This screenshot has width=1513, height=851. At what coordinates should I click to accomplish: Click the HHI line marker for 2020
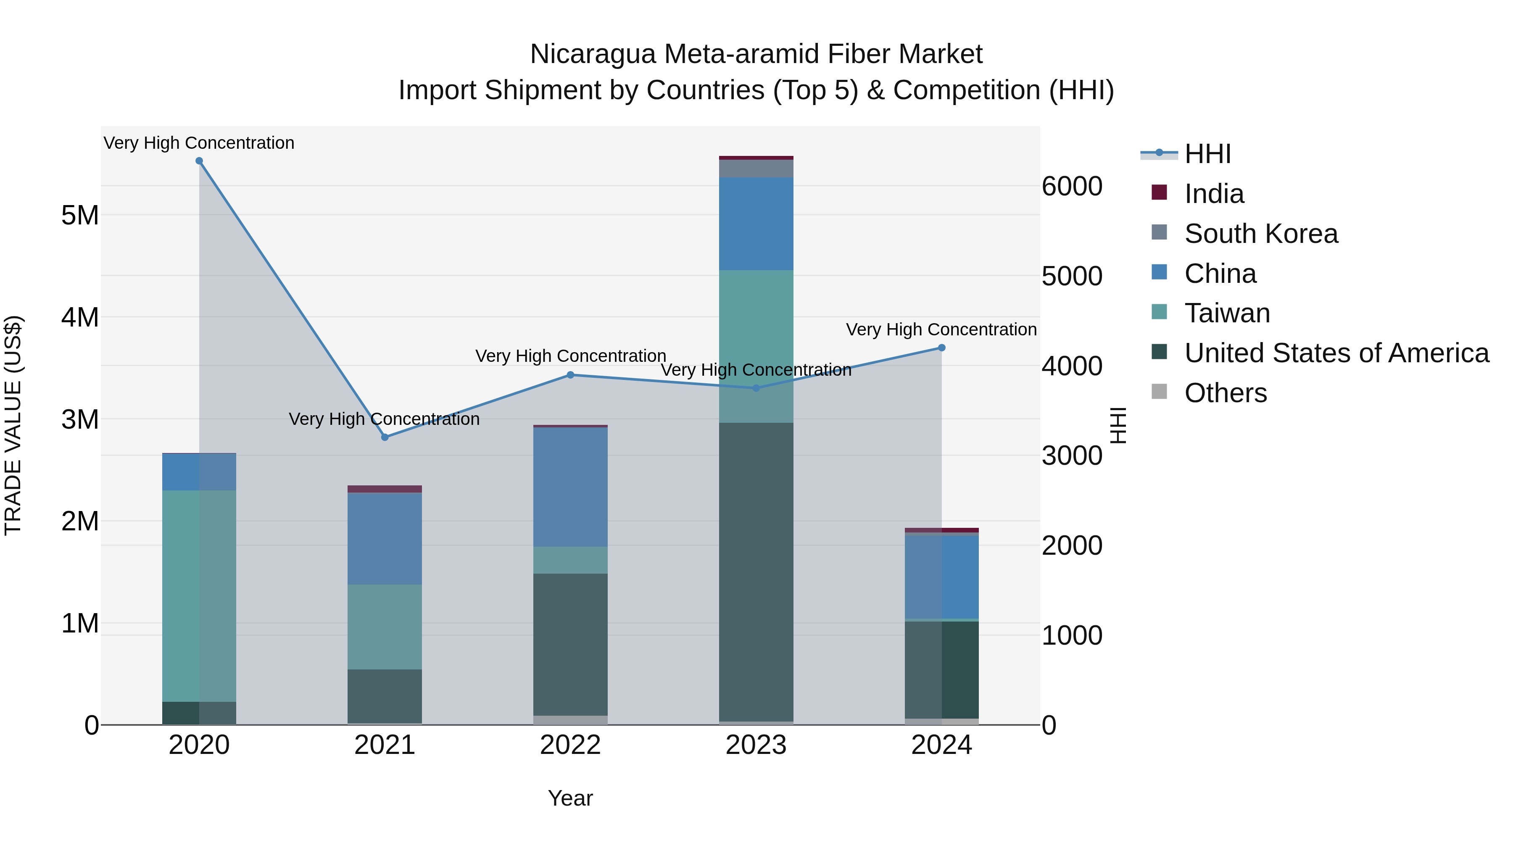point(199,161)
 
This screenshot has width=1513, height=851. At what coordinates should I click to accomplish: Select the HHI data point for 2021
point(385,437)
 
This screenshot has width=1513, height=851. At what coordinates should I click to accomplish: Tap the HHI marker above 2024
point(941,348)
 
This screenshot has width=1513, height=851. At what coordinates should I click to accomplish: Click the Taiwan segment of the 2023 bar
point(756,347)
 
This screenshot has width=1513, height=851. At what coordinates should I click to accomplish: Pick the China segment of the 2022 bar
point(570,487)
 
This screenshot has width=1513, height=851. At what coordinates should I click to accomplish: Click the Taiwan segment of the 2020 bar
point(199,595)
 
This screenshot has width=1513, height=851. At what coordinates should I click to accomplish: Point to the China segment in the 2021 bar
point(385,539)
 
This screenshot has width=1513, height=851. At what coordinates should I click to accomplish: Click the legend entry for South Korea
point(1260,234)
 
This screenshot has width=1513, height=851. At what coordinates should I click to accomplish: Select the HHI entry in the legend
point(1207,154)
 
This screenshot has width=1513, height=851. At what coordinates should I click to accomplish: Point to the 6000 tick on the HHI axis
point(1072,186)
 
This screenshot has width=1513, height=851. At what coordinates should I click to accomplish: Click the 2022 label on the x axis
point(570,745)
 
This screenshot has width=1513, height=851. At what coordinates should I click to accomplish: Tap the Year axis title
point(570,798)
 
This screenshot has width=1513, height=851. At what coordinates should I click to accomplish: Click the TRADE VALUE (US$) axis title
point(13,425)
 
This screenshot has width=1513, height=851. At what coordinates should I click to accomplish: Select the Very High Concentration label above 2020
point(199,143)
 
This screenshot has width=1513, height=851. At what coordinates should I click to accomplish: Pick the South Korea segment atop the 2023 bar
point(756,169)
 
